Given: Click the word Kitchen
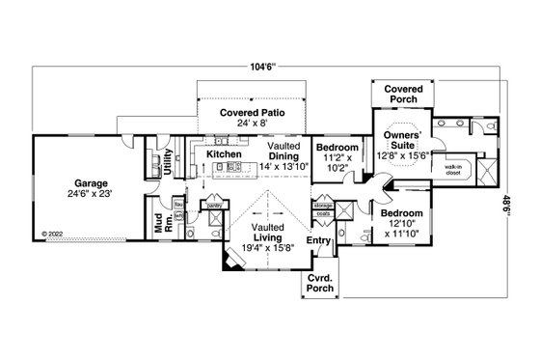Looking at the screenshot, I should [223, 153].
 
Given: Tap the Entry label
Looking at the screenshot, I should [317, 240].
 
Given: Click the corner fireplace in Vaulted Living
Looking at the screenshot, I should [232, 261].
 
